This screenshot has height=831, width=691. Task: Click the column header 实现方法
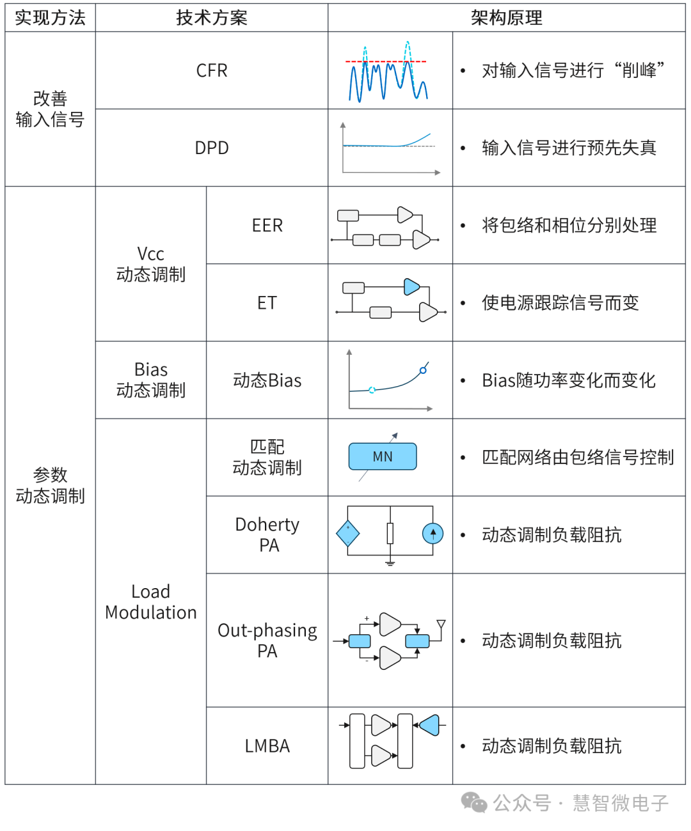50,18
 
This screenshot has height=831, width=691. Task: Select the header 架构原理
506,18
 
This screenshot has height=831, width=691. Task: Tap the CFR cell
212,70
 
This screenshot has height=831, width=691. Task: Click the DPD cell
212,148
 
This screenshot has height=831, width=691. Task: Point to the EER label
267,226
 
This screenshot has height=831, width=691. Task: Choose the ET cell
267,303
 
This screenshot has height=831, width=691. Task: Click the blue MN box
383,456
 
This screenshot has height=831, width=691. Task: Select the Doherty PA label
267,535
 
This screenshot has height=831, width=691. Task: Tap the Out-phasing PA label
267,641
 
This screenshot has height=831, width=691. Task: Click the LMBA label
267,746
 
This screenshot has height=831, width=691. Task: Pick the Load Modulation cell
151,602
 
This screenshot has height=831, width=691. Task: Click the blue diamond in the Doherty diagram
348,533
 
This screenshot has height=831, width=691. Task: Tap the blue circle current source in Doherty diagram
433,533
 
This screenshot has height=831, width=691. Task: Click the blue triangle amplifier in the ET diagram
411,287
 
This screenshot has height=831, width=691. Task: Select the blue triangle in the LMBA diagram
429,725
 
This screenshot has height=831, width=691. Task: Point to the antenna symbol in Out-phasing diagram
441,625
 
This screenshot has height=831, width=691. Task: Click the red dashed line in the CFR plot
386,61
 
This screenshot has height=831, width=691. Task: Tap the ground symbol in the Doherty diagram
390,563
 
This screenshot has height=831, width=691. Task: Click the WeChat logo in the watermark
474,802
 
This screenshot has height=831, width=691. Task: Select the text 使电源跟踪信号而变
560,303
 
